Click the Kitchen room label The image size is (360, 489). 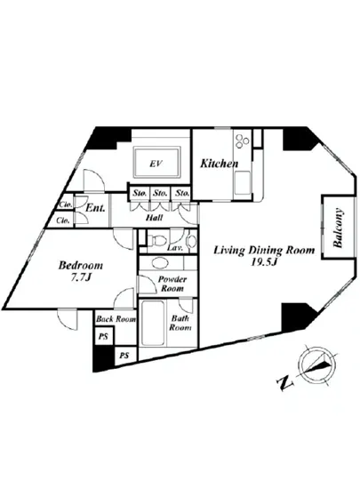tap(219, 164)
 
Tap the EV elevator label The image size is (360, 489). tap(156, 164)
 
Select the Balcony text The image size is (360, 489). tap(339, 228)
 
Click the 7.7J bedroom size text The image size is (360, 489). tap(80, 277)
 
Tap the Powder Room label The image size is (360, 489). tap(172, 284)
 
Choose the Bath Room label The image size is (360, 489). tap(180, 323)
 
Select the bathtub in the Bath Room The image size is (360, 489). tap(152, 323)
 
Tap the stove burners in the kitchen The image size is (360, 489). tap(242, 140)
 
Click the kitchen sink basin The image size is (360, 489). tap(243, 181)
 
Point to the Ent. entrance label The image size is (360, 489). tap(95, 208)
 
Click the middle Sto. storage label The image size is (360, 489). tap(160, 193)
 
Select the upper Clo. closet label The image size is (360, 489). tap(66, 204)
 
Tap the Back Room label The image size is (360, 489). tap(116, 319)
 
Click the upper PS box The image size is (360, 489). tap(104, 337)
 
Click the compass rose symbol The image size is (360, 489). tap(316, 365)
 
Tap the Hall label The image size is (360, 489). tap(154, 217)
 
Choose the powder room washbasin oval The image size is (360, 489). tap(160, 262)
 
